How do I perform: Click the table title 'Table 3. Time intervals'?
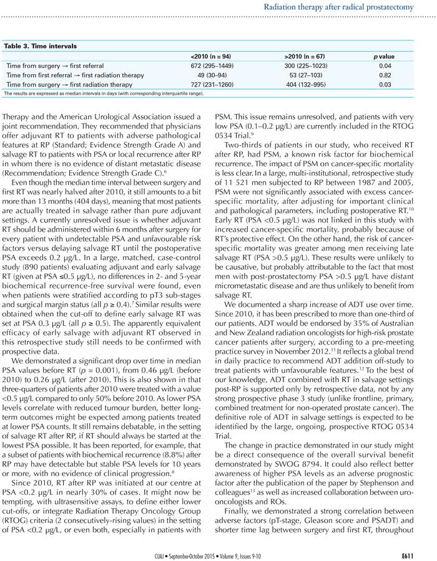point(41,46)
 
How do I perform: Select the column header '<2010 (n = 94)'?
point(215,57)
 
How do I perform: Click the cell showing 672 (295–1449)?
point(215,65)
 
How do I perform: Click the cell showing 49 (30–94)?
point(215,75)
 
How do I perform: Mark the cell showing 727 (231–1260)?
point(215,84)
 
